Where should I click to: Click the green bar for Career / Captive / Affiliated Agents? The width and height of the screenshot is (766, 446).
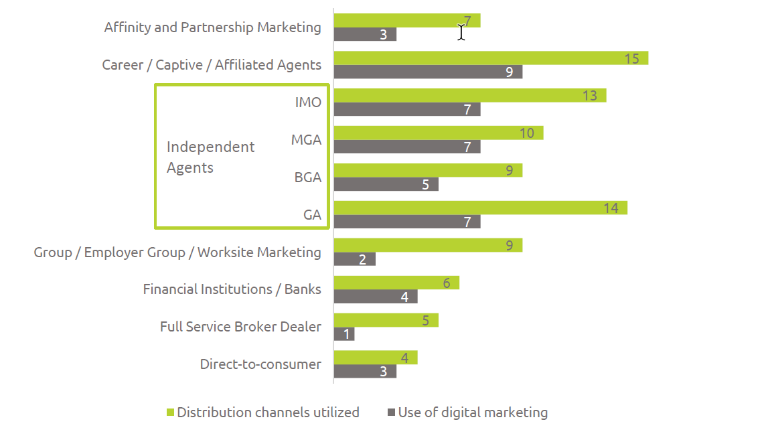tap(490, 58)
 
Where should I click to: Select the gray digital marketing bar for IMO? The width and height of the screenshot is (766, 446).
tap(406, 110)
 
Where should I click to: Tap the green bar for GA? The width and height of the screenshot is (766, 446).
tap(479, 208)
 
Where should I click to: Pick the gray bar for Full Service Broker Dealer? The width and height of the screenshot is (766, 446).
tap(343, 334)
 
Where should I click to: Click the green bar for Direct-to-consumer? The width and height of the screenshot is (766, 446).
tap(375, 358)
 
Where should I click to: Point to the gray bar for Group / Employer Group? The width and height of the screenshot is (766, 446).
tap(354, 259)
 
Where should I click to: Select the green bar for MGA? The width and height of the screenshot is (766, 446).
tap(438, 133)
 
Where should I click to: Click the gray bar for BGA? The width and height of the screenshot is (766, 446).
tap(386, 184)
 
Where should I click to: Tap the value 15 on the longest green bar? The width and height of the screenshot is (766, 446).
tap(631, 58)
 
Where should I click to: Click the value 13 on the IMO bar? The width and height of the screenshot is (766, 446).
tap(589, 96)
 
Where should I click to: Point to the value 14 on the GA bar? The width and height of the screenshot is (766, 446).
tap(610, 208)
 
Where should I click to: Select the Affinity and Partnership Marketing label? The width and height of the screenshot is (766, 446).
tap(212, 27)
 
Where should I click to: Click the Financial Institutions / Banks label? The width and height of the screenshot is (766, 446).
tap(232, 289)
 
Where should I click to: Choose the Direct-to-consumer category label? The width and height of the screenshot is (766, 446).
tap(260, 364)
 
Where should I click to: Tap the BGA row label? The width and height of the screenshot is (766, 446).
tap(308, 177)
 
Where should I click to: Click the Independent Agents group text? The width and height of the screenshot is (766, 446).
tap(210, 157)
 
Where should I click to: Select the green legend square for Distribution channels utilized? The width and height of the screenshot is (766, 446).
tap(170, 413)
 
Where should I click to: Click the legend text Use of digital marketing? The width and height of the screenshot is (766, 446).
tap(473, 413)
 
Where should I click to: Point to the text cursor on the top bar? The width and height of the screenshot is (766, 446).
tap(461, 31)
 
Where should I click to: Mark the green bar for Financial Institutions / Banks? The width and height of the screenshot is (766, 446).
tap(396, 283)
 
